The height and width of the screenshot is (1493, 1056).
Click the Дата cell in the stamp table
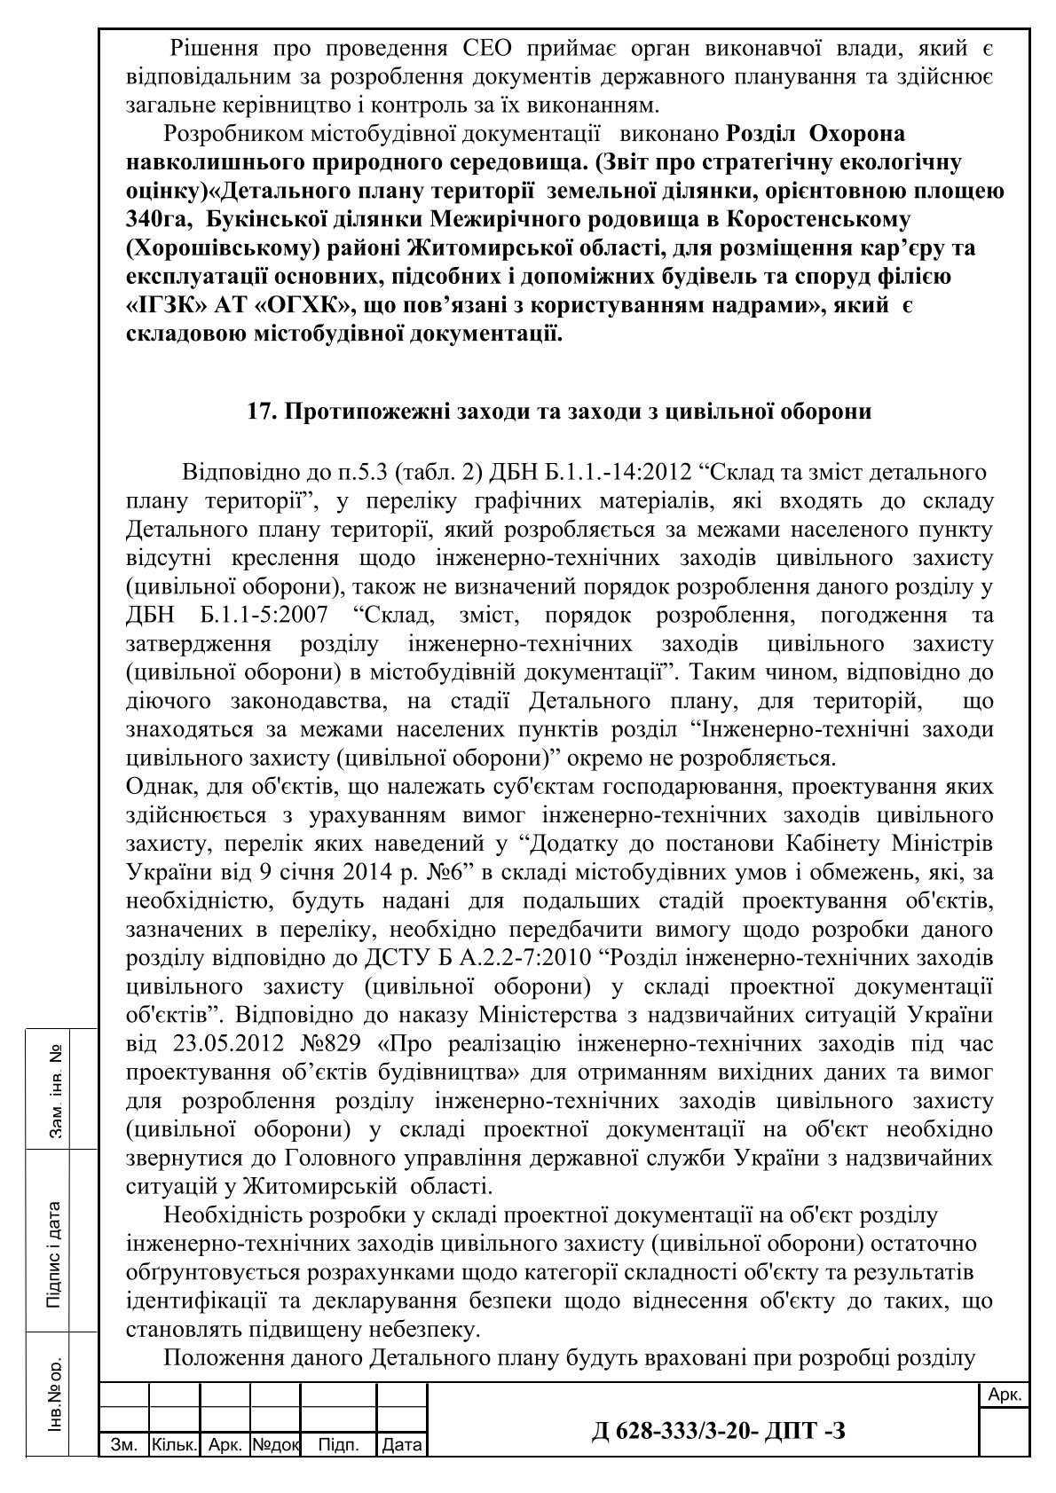coord(401,1446)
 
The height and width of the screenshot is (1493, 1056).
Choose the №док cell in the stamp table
coord(276,1446)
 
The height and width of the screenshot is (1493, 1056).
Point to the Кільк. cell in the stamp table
coord(174,1446)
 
